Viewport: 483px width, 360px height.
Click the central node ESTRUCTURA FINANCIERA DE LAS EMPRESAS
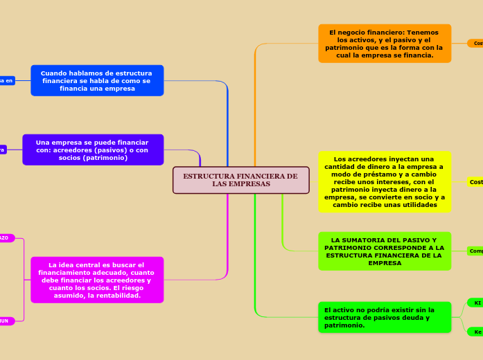coord(240,180)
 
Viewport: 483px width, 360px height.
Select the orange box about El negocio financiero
coord(385,44)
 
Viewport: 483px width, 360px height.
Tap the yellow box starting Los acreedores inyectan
coord(385,181)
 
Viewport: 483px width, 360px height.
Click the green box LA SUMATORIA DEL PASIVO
coord(385,251)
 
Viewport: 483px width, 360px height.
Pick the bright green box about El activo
coord(385,317)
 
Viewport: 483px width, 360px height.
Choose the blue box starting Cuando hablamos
coord(97,80)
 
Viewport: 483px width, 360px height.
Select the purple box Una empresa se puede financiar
coord(93,150)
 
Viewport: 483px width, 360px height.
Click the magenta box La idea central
coord(97,280)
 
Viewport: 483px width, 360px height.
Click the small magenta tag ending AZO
coord(6,238)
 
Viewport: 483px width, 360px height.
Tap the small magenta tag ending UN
coord(6,321)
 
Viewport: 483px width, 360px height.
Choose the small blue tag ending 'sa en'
coord(6,80)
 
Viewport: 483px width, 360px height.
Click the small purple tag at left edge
coord(3,150)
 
